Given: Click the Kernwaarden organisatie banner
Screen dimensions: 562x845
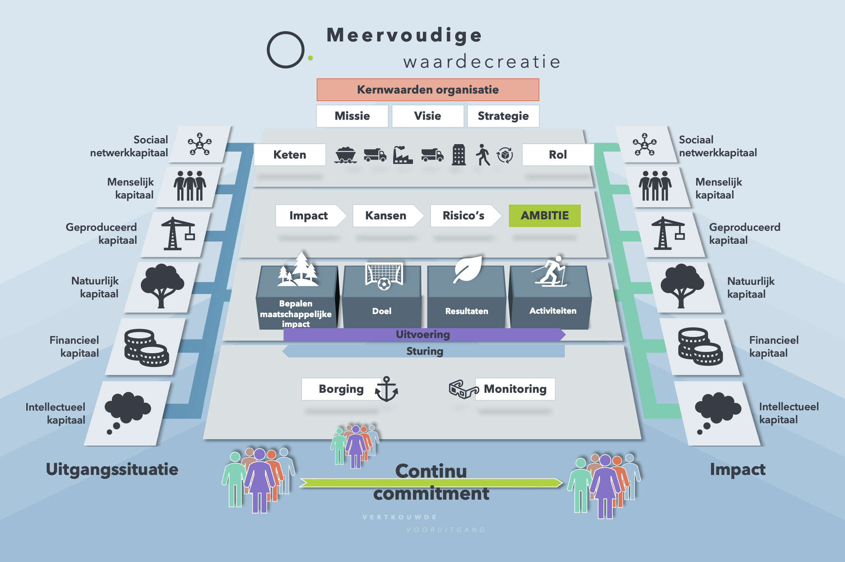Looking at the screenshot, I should (427, 90).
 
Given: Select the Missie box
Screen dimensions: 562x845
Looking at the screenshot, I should (352, 116).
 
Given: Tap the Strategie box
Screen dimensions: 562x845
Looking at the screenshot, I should (503, 116).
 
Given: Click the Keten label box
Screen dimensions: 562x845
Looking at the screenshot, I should (290, 155).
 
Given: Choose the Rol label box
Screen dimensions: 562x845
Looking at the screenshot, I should (558, 155).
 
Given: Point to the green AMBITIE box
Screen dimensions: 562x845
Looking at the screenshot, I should (545, 216).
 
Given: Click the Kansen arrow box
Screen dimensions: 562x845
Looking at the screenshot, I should (386, 216).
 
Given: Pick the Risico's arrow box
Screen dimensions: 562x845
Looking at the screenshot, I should (464, 216).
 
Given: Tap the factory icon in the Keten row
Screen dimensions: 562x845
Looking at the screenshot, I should (402, 155).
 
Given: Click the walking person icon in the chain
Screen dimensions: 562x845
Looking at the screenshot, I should (483, 155).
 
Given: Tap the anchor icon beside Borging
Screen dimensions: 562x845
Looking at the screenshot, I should (386, 389).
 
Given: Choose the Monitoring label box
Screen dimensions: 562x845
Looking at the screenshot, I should (515, 389).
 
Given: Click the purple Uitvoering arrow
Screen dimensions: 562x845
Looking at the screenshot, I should (423, 335).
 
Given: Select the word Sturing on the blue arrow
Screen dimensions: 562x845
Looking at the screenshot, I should (425, 351).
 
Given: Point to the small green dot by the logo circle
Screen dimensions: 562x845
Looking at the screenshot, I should (311, 58).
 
